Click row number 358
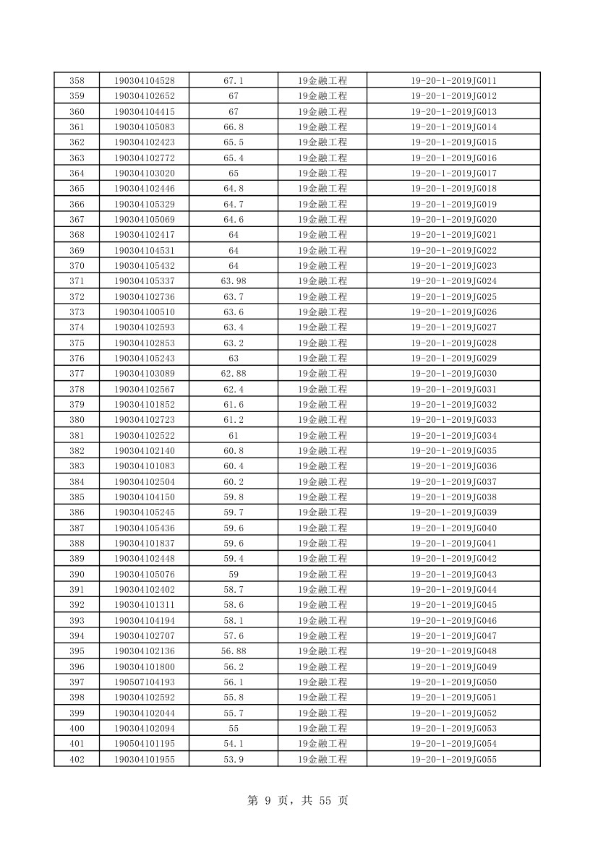click(x=77, y=80)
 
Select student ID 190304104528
click(x=145, y=80)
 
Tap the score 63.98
click(x=234, y=281)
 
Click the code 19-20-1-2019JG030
click(x=453, y=374)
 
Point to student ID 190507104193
click(x=145, y=682)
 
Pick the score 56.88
click(x=234, y=651)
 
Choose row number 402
click(x=77, y=759)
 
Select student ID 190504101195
click(x=145, y=744)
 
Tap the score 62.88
click(x=234, y=374)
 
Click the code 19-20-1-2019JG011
click(x=453, y=80)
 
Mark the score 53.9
click(x=234, y=759)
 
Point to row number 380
click(x=77, y=420)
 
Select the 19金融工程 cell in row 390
click(x=323, y=574)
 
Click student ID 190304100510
click(x=145, y=312)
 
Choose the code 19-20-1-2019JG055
click(x=453, y=759)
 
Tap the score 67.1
click(x=234, y=80)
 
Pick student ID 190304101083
click(x=145, y=466)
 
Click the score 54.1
click(x=234, y=744)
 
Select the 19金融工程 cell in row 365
click(x=323, y=189)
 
